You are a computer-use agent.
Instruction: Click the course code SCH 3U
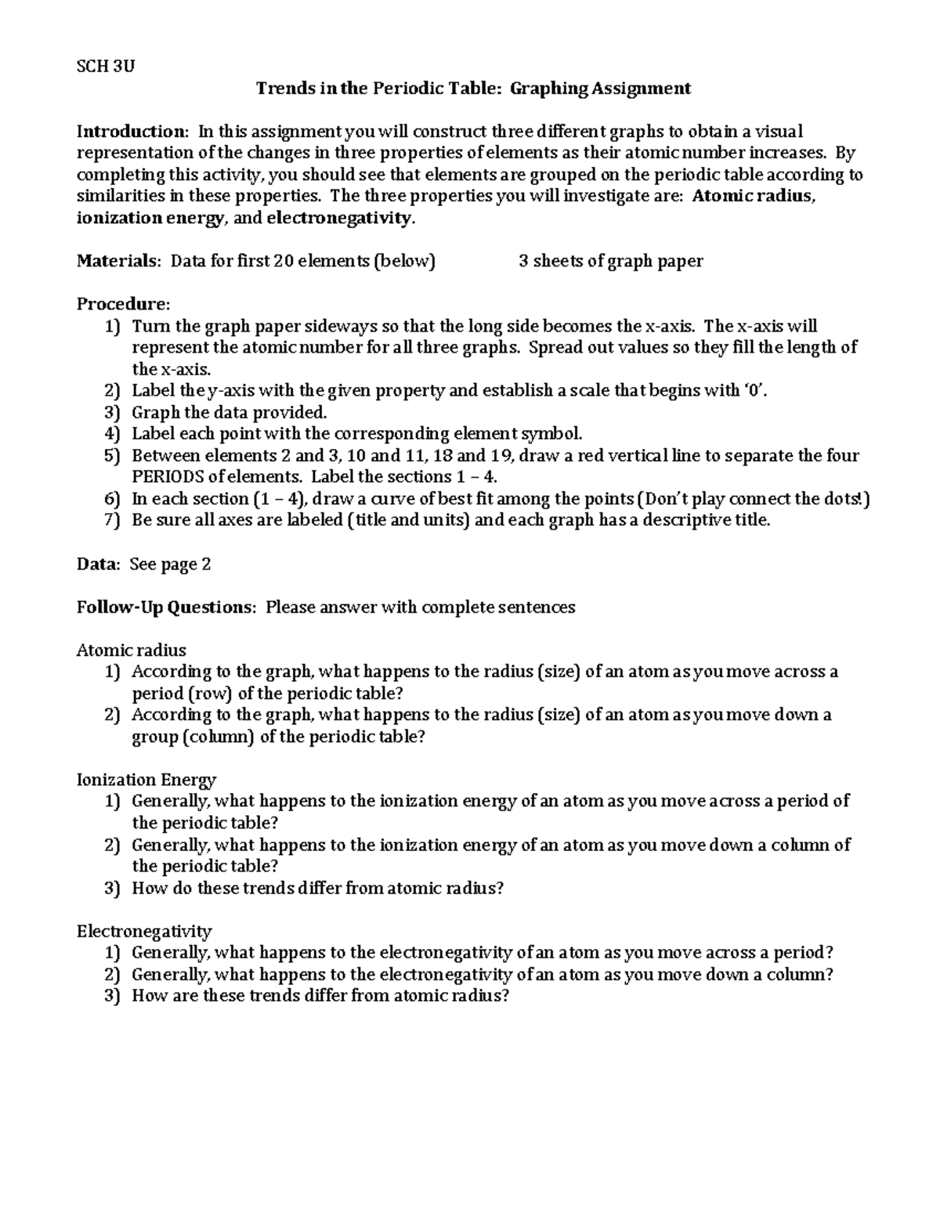tap(105, 66)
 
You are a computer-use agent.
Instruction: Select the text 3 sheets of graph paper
tap(610, 261)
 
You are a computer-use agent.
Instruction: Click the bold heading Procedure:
tap(122, 304)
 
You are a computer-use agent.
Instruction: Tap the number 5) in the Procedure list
tap(112, 455)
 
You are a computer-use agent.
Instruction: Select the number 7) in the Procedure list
tap(112, 520)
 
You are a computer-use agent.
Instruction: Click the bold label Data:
tap(99, 563)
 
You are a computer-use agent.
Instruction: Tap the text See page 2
tap(170, 563)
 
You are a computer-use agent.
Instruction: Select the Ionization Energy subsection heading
tap(146, 779)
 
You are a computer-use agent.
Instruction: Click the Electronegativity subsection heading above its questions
tap(144, 931)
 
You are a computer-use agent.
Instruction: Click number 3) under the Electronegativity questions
tap(112, 996)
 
